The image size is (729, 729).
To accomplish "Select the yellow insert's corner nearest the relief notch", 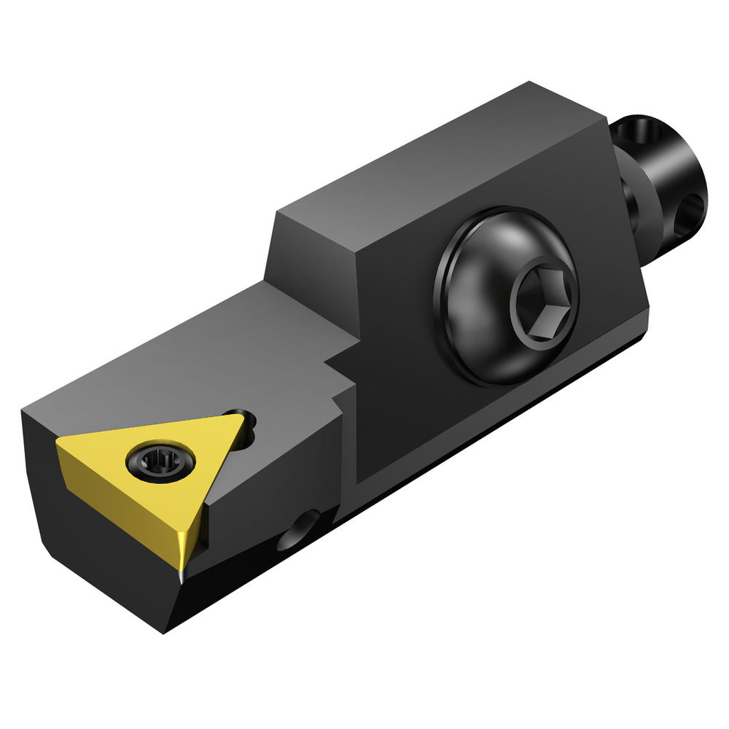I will tap(235, 417).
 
